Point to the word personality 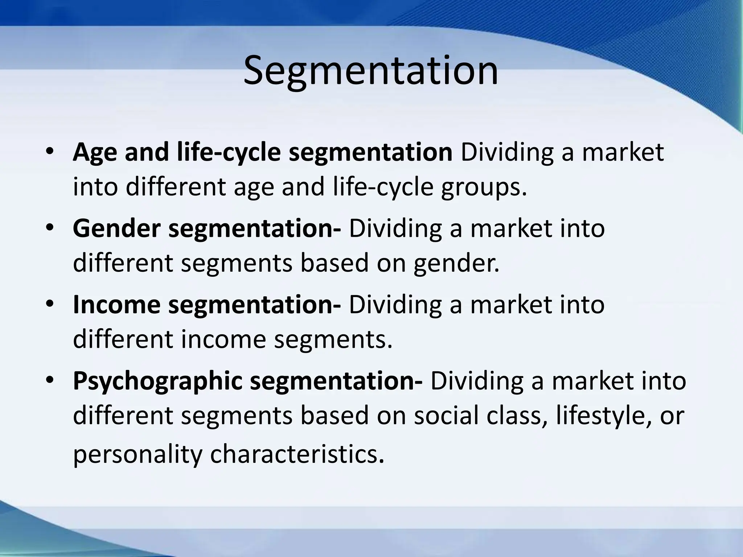[x=137, y=455]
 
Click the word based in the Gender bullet [x=334, y=264]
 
